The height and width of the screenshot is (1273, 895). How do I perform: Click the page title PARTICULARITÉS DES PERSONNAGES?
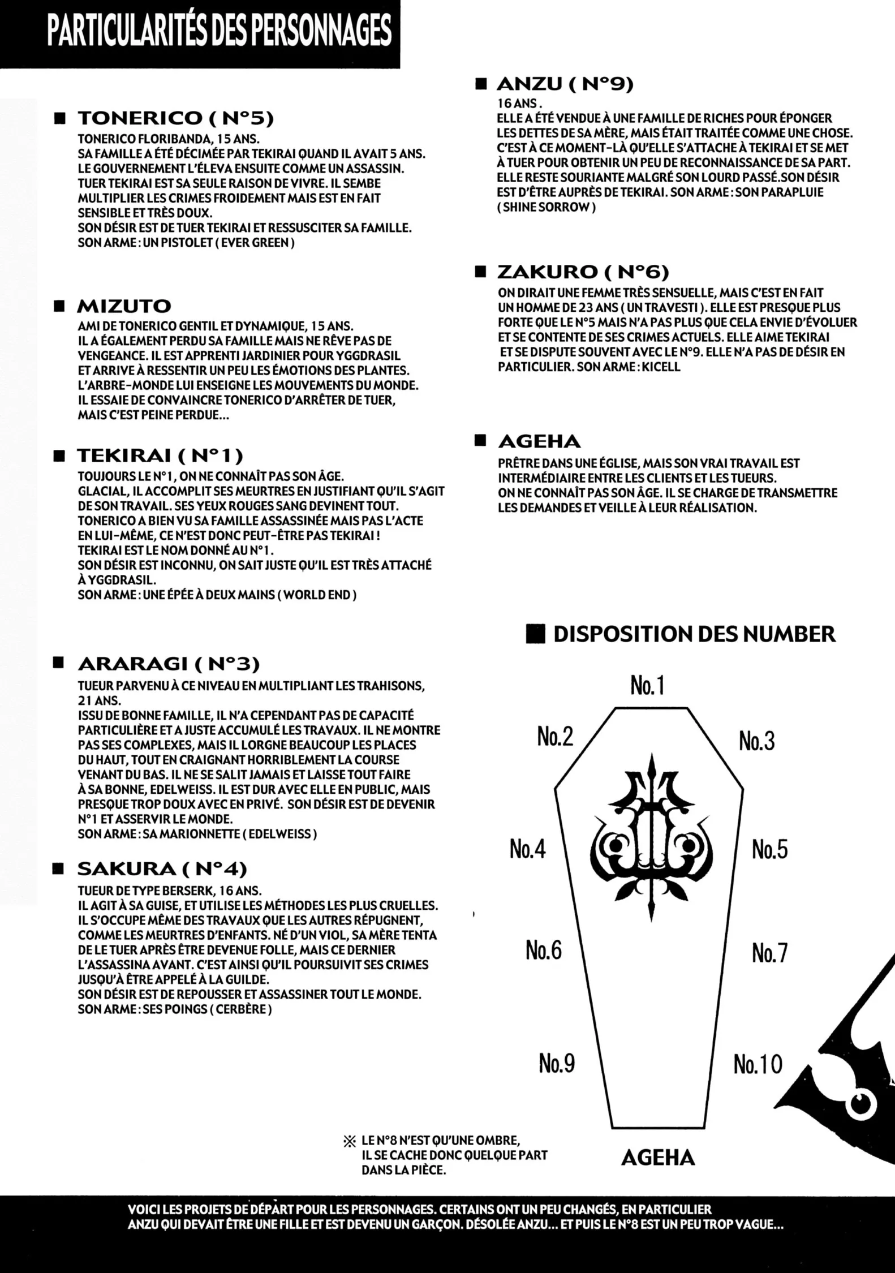pos(220,31)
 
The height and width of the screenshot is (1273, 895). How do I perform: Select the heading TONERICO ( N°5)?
pos(175,118)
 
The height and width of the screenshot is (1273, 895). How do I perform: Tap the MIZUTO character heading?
pos(124,307)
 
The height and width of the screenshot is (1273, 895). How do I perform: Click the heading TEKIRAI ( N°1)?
pos(160,455)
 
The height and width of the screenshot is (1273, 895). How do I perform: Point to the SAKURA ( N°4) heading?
pos(162,869)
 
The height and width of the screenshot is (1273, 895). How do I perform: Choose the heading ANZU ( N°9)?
pos(565,84)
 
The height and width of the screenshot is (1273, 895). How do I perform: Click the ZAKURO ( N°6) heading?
pos(583,273)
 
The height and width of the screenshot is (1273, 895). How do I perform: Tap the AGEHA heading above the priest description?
pos(539,441)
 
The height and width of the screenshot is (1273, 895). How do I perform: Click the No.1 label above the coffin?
pos(647,686)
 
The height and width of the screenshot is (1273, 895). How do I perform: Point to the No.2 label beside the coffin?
pos(555,737)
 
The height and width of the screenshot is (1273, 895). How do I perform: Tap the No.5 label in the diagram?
pos(769,850)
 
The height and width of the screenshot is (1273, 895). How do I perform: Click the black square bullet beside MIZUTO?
pos(58,307)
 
